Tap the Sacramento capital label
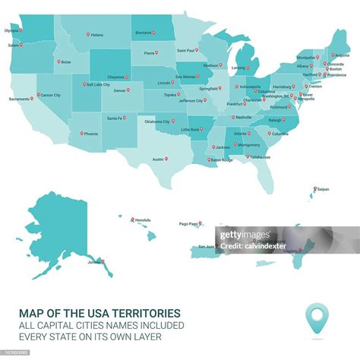(19, 99)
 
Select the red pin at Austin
(166, 159)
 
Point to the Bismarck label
(143, 33)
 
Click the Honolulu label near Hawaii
(144, 220)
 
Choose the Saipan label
(322, 189)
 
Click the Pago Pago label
(188, 224)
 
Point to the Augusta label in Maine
(342, 55)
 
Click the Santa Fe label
(115, 118)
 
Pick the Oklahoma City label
(157, 122)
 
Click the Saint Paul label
(186, 51)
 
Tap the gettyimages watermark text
(243, 235)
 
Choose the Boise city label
(66, 62)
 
